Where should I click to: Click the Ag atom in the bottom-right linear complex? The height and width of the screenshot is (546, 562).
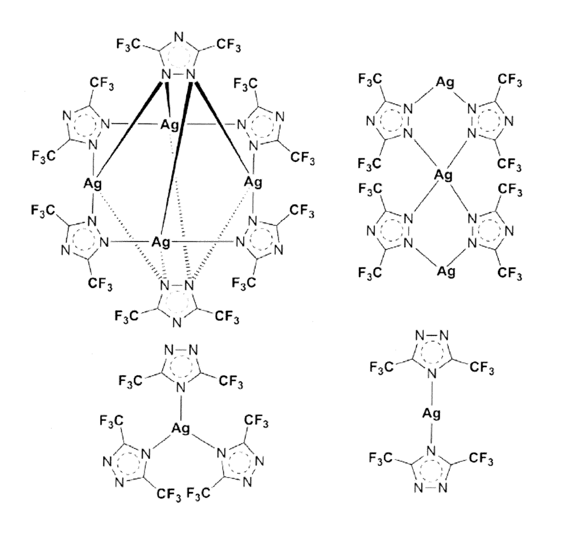[x=431, y=414]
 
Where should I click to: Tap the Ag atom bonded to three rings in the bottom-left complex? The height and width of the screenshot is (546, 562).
[x=181, y=428]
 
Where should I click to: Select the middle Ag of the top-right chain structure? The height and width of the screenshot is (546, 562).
[x=443, y=175]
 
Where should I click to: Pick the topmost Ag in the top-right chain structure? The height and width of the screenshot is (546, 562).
[x=445, y=83]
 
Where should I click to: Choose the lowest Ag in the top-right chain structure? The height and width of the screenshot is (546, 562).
[x=446, y=271]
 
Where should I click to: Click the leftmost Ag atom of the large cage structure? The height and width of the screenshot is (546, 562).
[x=93, y=184]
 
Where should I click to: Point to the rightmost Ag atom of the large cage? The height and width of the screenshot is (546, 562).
[x=253, y=182]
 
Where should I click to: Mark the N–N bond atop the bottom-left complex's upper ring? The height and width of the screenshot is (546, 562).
[x=181, y=350]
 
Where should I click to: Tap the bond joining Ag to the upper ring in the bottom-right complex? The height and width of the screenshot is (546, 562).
[x=432, y=393]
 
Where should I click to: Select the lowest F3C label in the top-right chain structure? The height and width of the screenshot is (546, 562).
[x=370, y=273]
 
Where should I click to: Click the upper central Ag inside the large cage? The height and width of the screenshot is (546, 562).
[x=170, y=125]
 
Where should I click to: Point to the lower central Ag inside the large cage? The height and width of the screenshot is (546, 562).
[x=161, y=242]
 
